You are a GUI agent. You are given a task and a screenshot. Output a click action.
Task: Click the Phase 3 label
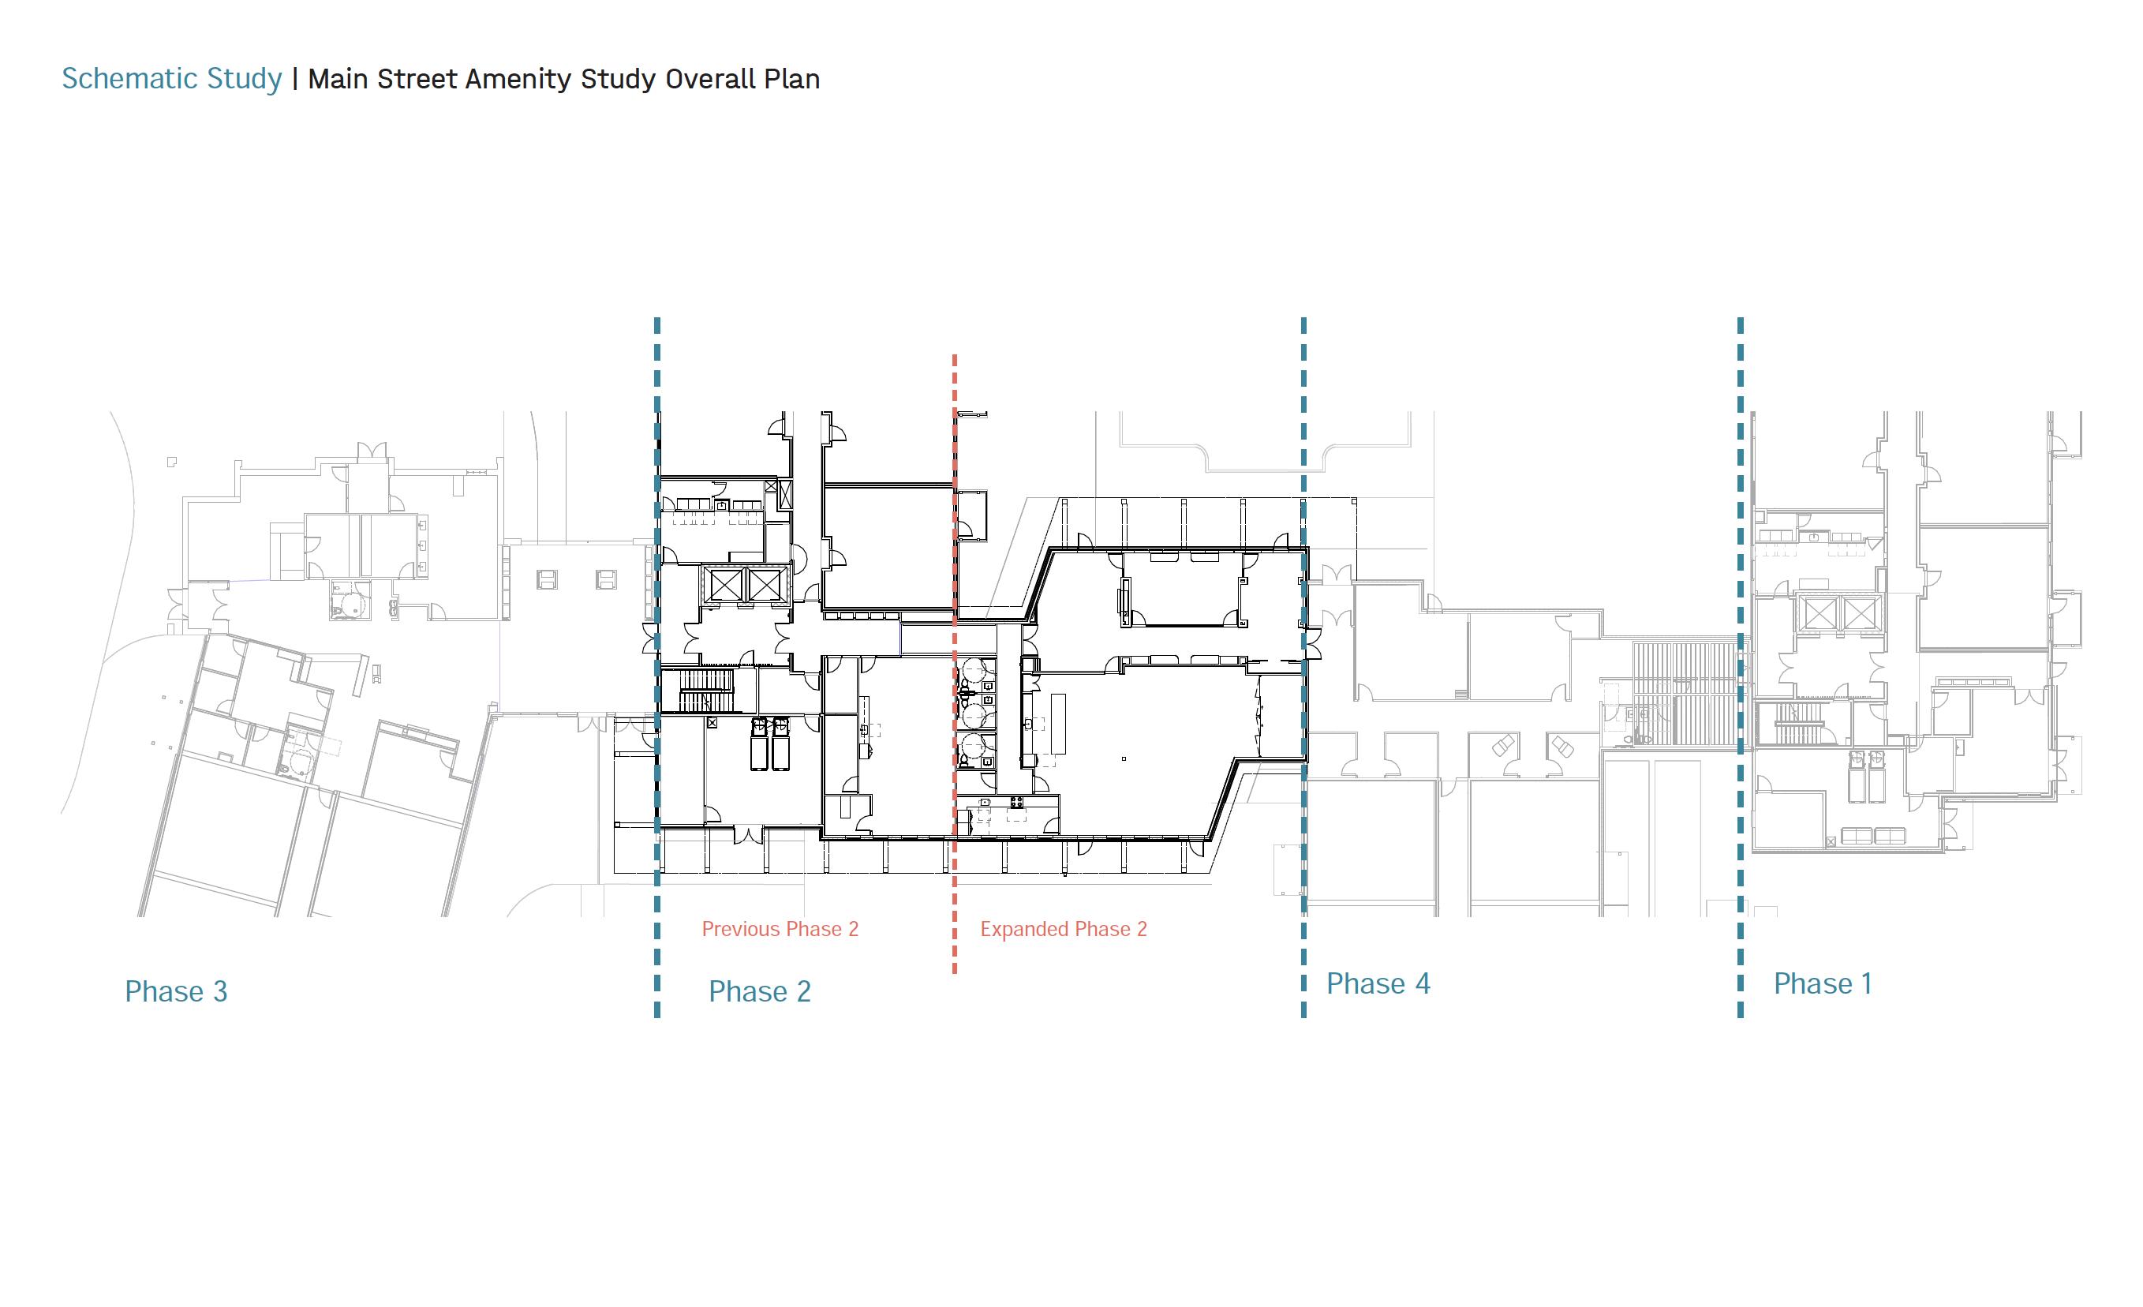coord(176,991)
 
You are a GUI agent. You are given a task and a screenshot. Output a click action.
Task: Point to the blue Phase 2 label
coord(759,991)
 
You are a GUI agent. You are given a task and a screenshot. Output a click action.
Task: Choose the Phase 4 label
coord(1378,983)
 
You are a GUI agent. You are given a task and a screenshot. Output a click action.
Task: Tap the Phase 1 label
coord(1822,983)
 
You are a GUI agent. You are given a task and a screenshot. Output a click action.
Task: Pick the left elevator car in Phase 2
coord(723,584)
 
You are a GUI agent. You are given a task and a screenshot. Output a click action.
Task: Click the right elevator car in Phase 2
coord(766,584)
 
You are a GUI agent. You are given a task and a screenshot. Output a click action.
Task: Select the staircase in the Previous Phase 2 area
coord(706,691)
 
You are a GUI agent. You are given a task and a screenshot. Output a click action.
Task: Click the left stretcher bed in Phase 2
coord(759,743)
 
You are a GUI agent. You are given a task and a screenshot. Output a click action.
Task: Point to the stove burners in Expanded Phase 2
coord(1015,800)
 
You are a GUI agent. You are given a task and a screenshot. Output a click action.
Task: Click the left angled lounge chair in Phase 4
coord(1502,747)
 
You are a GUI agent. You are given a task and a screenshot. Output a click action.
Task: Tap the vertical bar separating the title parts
coord(296,79)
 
